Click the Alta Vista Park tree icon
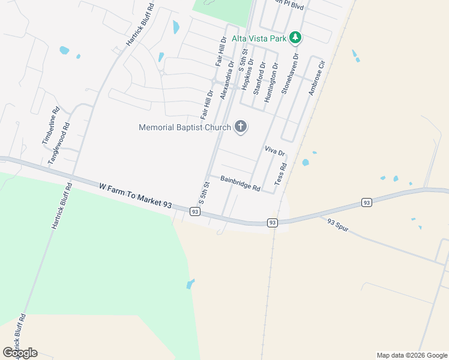pyautogui.click(x=295, y=38)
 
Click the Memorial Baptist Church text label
pyautogui.click(x=185, y=127)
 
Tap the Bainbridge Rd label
pyautogui.click(x=240, y=183)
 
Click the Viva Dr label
pyautogui.click(x=274, y=151)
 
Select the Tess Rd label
pyautogui.click(x=280, y=174)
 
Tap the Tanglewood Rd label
pyautogui.click(x=59, y=144)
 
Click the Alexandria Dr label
pyautogui.click(x=226, y=80)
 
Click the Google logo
pyautogui.click(x=20, y=353)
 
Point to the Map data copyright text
pyautogui.click(x=411, y=355)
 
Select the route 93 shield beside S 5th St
pyautogui.click(x=194, y=211)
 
